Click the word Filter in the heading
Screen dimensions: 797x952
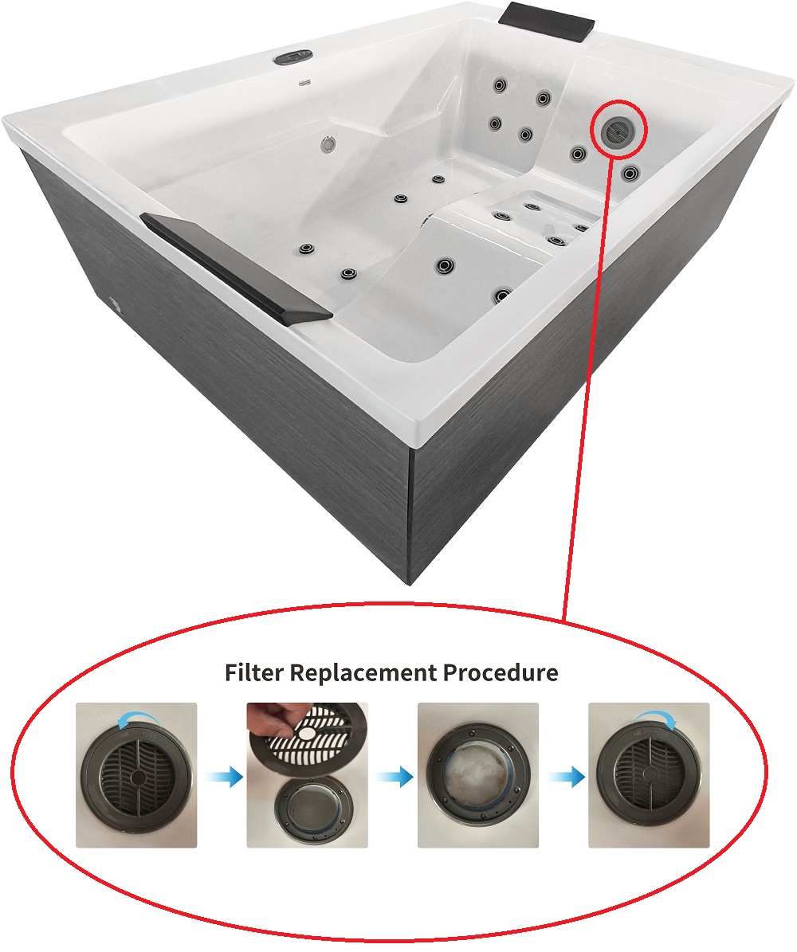(254, 672)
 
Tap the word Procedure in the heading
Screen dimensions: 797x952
(501, 672)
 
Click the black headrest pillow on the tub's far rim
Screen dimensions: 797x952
(547, 22)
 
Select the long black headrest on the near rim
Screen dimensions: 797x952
(236, 268)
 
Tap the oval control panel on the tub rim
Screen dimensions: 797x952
(292, 57)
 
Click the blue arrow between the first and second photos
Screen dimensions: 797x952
(223, 777)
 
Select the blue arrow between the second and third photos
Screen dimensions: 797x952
(395, 777)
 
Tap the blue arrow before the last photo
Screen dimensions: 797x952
(566, 777)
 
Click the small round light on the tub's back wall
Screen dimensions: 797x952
(328, 144)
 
